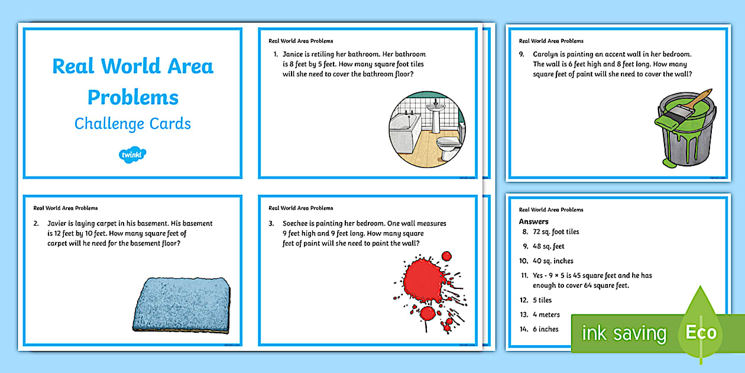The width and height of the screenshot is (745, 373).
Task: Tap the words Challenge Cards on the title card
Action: pyautogui.click(x=132, y=124)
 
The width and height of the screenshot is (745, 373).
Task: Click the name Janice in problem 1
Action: pyautogui.click(x=294, y=54)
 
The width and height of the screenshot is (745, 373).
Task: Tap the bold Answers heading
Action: pyautogui.click(x=533, y=221)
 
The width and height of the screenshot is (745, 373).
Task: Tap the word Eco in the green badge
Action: pyautogui.click(x=701, y=332)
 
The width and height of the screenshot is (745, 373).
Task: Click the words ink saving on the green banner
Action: pyautogui.click(x=624, y=333)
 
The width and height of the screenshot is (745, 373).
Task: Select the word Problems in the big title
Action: pyautogui.click(x=133, y=97)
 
